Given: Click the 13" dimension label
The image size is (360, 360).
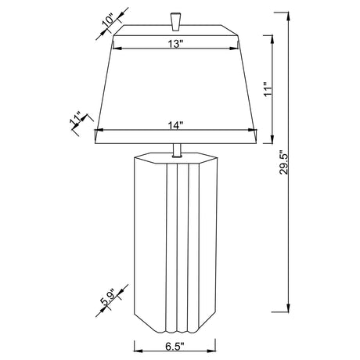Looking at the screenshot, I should point(175,45).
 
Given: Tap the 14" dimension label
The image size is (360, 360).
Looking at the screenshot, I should point(175,124).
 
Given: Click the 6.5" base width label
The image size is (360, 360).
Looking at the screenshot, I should point(175,344).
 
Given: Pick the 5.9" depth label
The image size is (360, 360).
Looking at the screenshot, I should point(110,300).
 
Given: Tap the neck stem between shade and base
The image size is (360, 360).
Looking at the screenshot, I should point(176,149).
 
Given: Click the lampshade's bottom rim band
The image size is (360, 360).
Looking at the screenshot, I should point(176,138).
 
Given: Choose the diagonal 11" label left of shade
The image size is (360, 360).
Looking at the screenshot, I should point(76,120).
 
